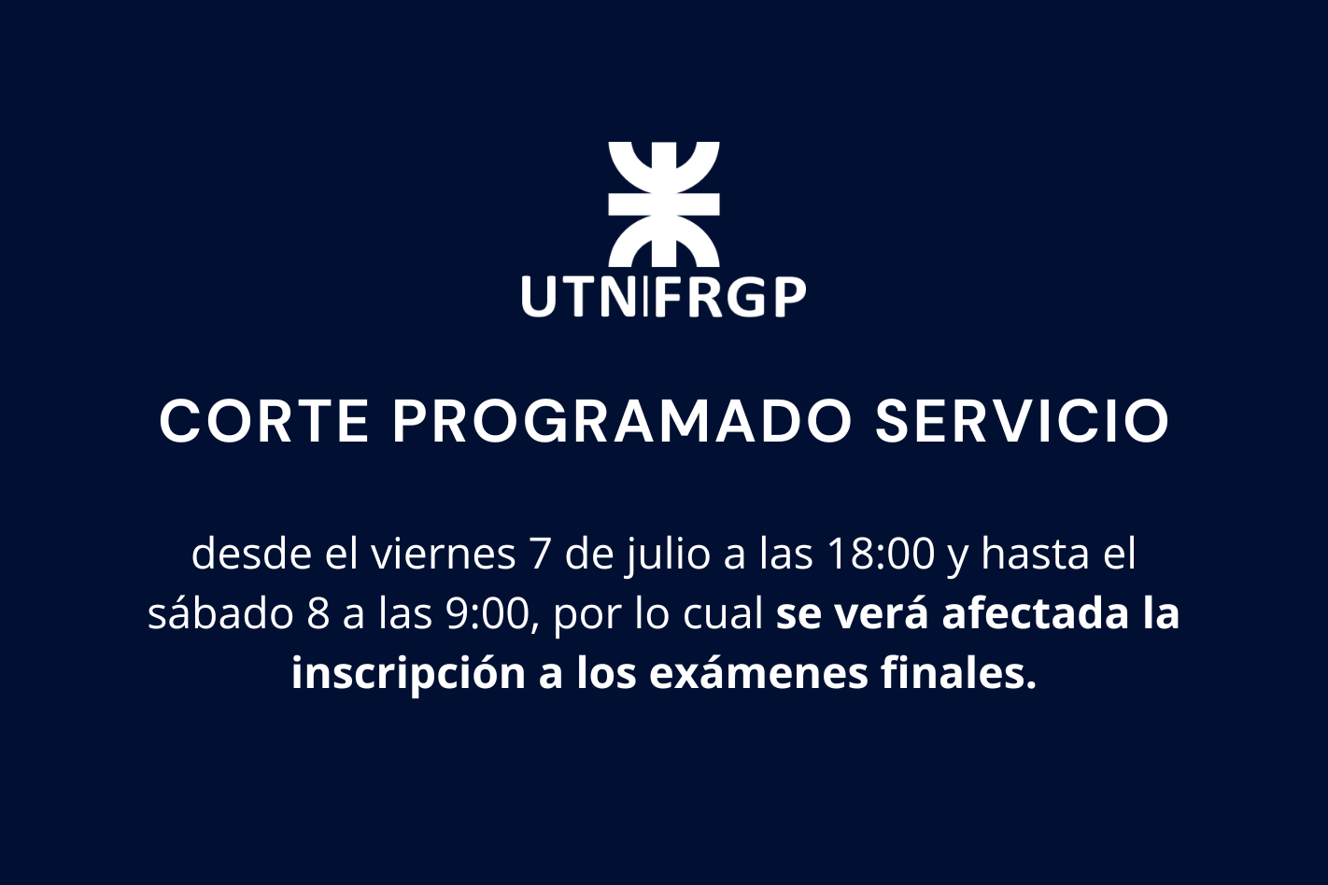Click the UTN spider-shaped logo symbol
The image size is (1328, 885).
pos(664,204)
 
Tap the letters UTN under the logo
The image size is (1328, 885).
pos(580,297)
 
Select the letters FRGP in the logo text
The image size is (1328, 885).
pos(730,297)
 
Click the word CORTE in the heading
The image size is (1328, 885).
pos(264,421)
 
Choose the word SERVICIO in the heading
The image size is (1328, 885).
pos(1022,421)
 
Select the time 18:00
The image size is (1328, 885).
pos(880,555)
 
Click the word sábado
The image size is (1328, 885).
pos(220,613)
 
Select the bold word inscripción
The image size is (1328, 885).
pos(408,675)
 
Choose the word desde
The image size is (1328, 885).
pos(251,553)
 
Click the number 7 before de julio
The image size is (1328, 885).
pos(539,555)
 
